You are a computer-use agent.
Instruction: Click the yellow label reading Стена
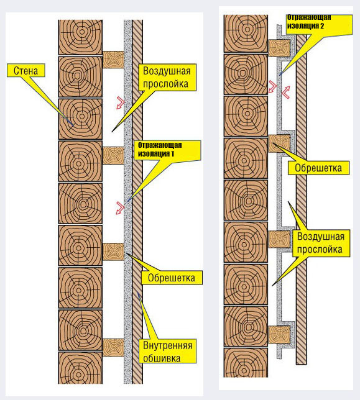[x=25, y=71]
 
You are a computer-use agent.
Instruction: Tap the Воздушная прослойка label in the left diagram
[x=167, y=77]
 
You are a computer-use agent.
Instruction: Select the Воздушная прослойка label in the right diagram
[x=321, y=243]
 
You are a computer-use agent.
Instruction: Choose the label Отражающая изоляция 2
[x=319, y=24]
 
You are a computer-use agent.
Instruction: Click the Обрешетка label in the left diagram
[x=172, y=278]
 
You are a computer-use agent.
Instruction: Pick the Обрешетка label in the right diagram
[x=318, y=168]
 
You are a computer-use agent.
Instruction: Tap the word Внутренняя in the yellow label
[x=167, y=345]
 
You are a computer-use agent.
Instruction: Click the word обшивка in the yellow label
[x=162, y=358]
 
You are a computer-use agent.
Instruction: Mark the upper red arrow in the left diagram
[x=121, y=103]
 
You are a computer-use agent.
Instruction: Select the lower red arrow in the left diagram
[x=121, y=208]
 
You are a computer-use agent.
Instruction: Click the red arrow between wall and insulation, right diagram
[x=273, y=87]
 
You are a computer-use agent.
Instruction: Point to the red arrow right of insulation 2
[x=286, y=93]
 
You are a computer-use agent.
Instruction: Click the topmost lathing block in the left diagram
[x=113, y=60]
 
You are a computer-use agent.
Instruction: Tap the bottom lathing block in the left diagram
[x=113, y=347]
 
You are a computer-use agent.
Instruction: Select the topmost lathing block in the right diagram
[x=279, y=48]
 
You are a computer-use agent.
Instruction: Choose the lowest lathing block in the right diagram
[x=279, y=335]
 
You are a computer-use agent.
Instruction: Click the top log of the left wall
[x=80, y=37]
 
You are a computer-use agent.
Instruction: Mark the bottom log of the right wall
[x=246, y=363]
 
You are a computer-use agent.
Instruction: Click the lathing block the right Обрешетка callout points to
[x=279, y=143]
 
